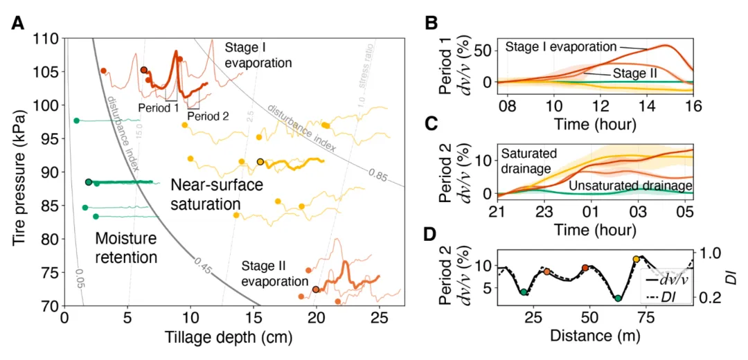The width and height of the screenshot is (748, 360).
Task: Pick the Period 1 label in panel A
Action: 158,109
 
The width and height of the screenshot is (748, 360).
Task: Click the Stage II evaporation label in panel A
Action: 274,273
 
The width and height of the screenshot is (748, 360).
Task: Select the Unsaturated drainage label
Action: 630,186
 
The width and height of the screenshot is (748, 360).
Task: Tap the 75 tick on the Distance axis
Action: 645,317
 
